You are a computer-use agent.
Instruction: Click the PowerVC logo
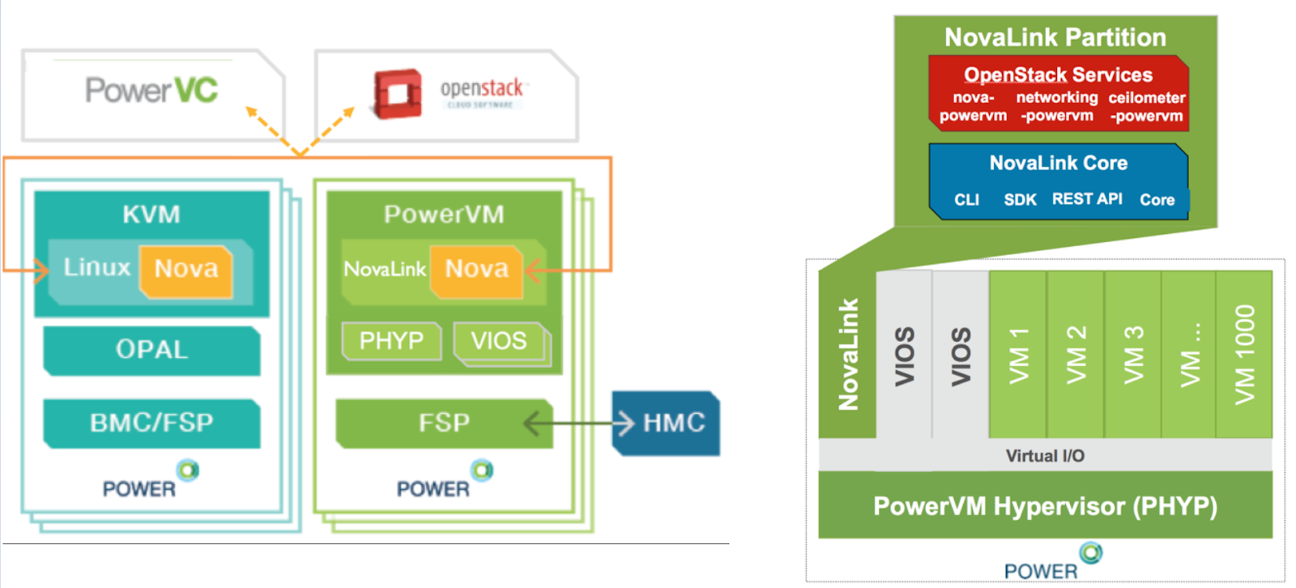click(151, 90)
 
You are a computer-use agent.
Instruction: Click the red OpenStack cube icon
click(397, 94)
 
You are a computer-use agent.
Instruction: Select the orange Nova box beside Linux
click(186, 270)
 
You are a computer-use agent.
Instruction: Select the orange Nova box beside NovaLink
click(476, 270)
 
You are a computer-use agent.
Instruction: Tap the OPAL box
click(151, 350)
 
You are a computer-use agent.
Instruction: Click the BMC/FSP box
click(151, 423)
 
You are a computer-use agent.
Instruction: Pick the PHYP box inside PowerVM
click(391, 341)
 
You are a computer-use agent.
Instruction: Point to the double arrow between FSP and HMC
click(578, 423)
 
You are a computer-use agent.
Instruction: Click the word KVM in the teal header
click(151, 215)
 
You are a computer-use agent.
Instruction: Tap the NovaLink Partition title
click(1055, 37)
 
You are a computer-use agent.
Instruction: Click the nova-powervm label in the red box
click(973, 107)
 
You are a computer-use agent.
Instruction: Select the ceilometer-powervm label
click(1146, 107)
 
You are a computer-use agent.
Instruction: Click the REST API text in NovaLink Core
click(1086, 199)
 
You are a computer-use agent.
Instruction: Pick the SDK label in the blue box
click(1020, 200)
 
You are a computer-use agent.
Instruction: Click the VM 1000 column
click(1244, 354)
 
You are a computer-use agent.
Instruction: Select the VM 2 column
click(1076, 354)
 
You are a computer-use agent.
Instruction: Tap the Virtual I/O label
click(1044, 456)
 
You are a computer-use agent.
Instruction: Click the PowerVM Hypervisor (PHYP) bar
click(1044, 507)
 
